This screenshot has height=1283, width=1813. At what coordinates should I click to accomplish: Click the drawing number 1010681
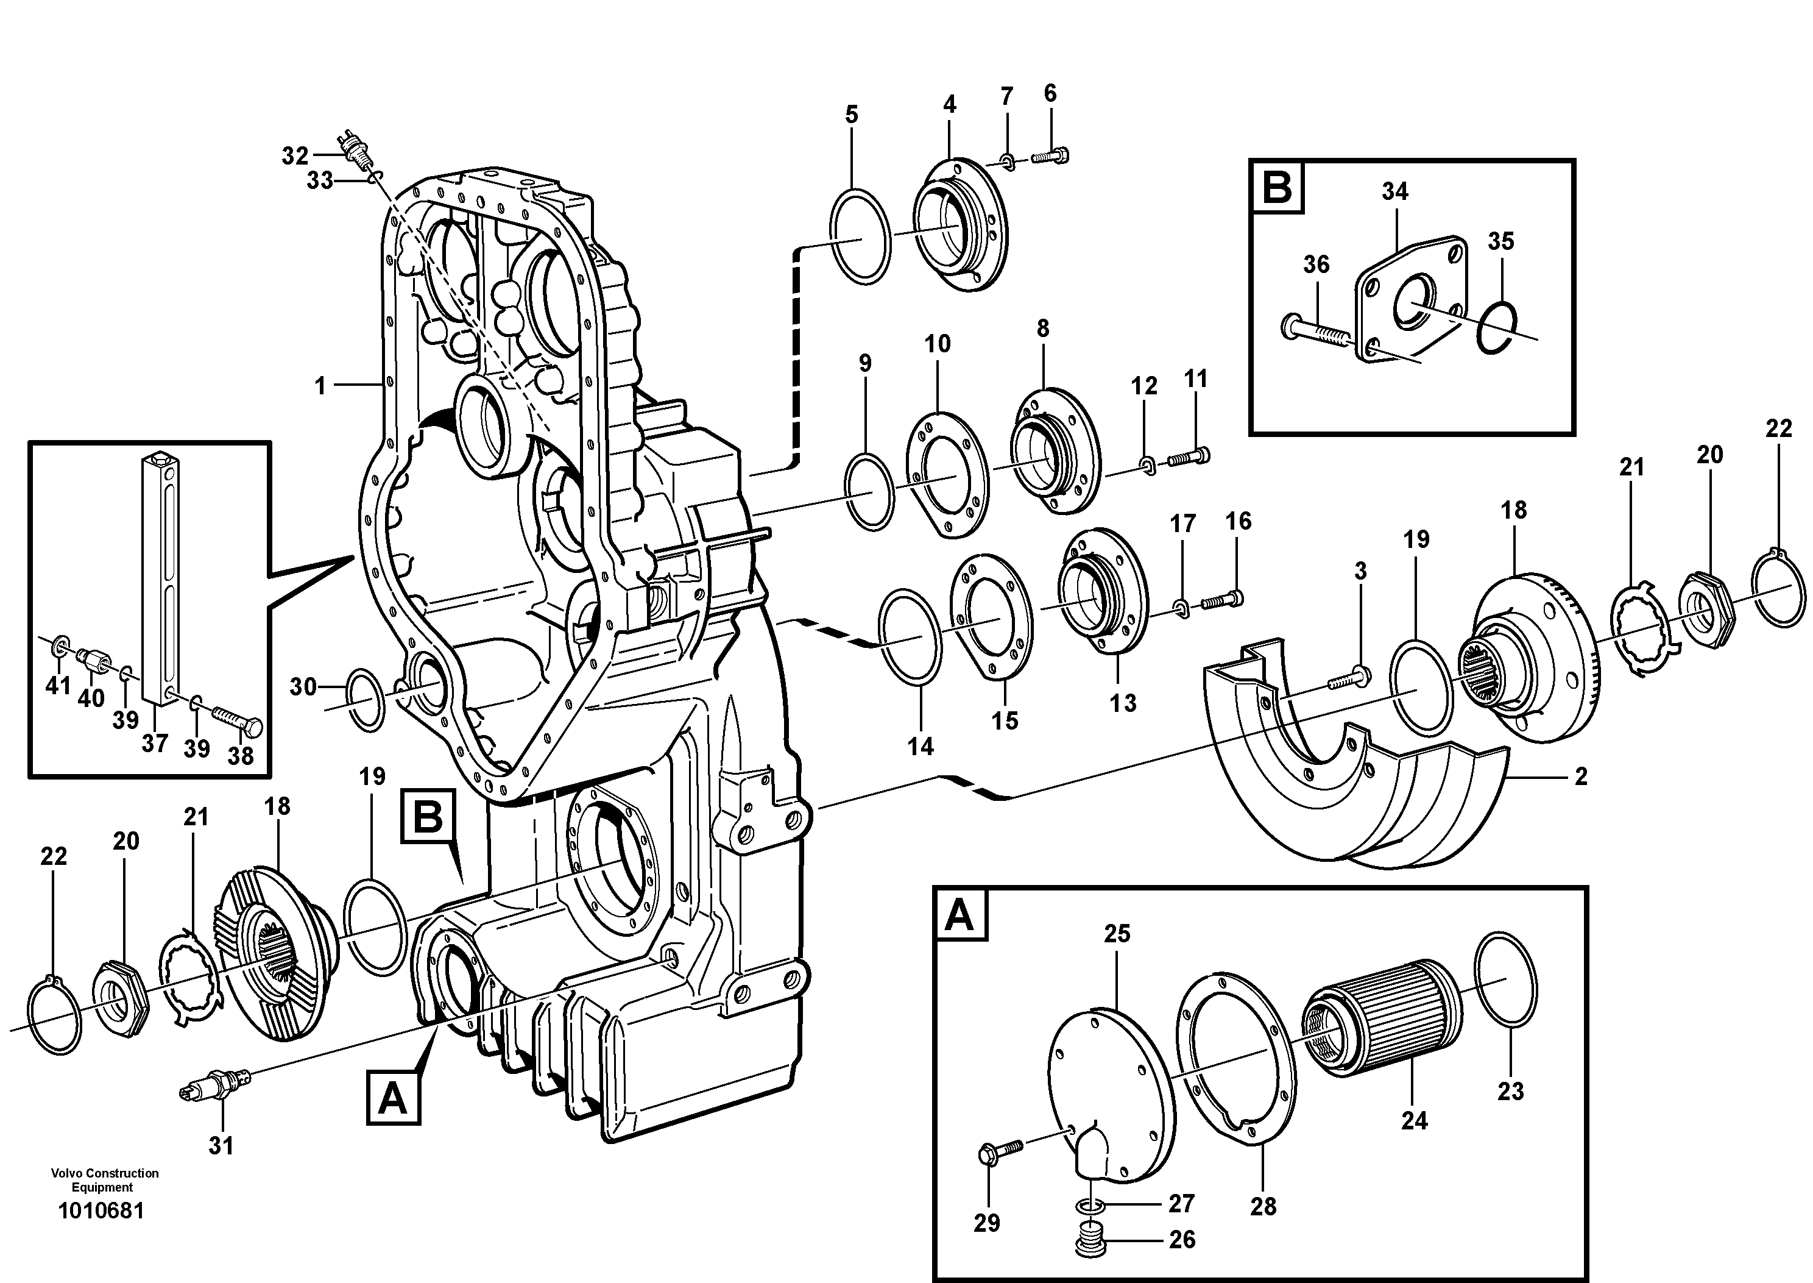tap(101, 1211)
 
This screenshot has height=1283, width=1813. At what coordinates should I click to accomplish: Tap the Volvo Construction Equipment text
tap(104, 1179)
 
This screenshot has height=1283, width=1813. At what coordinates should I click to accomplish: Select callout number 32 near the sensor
tap(294, 155)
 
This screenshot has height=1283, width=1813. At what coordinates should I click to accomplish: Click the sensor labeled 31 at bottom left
tap(215, 1083)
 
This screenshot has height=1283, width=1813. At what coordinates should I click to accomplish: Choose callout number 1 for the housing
tap(320, 386)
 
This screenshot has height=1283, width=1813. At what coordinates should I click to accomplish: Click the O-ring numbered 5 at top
tap(860, 235)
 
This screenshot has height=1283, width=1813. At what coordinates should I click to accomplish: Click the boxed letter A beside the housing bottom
tap(393, 1096)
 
